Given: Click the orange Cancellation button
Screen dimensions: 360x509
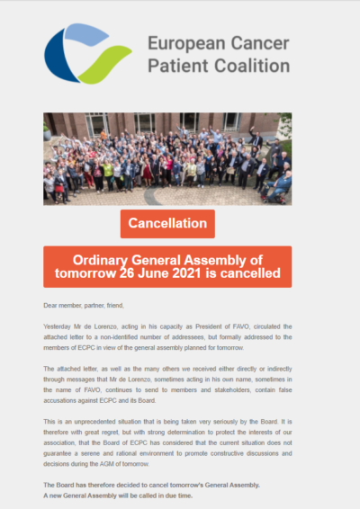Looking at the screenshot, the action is [x=167, y=223].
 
